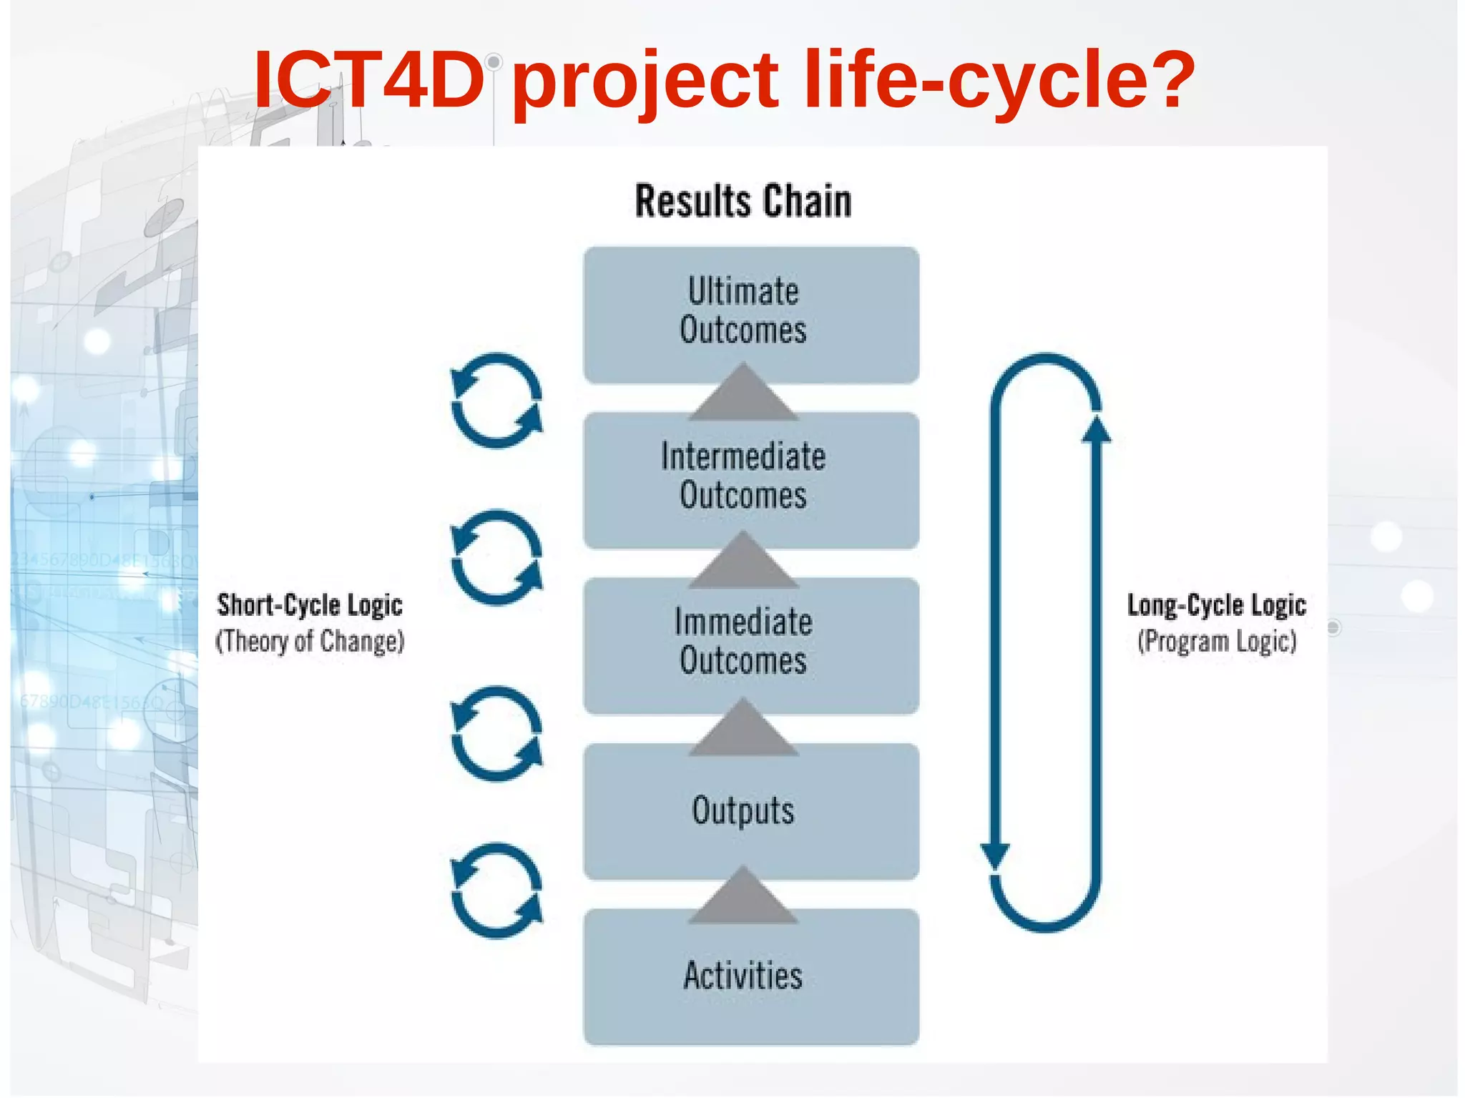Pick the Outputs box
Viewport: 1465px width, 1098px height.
tap(750, 810)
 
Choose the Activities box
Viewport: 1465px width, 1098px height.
tap(750, 976)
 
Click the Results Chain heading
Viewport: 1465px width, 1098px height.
tap(743, 201)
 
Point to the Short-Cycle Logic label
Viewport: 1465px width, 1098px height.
tap(310, 605)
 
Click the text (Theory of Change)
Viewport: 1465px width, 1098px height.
tap(310, 641)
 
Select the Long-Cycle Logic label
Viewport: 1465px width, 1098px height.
tap(1216, 605)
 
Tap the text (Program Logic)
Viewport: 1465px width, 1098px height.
tap(1216, 641)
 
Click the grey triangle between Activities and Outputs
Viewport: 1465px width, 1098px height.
tap(743, 898)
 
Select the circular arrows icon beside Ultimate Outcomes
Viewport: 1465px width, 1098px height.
tap(496, 401)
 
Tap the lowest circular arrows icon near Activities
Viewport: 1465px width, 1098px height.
tap(496, 891)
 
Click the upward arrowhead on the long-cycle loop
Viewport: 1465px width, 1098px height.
tap(1096, 429)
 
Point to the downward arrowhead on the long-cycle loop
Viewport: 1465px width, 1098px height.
tap(994, 855)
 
